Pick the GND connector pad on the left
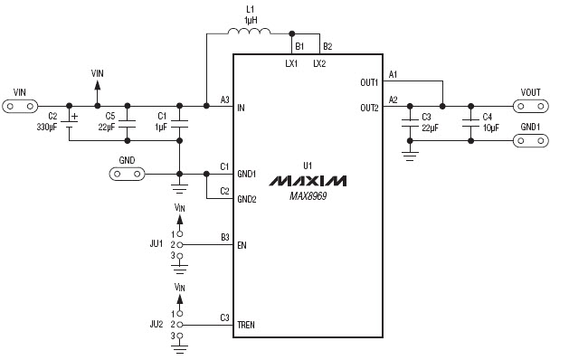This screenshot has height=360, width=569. point(127,173)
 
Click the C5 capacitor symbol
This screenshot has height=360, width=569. point(128,122)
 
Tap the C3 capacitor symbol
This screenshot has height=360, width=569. point(410,122)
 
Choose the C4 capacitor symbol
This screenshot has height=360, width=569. point(469,122)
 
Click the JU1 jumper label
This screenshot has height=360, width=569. point(156,243)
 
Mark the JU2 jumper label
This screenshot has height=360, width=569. point(156,323)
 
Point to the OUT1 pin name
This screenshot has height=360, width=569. point(369,82)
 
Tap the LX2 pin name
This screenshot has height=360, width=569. point(319,63)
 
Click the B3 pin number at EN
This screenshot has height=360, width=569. point(224,237)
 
